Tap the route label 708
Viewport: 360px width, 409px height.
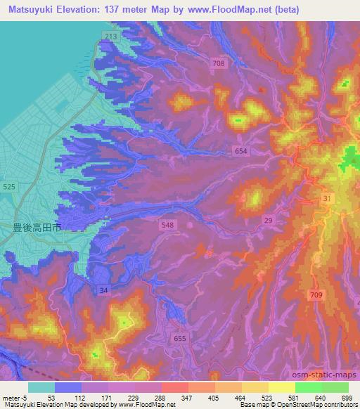point(219,64)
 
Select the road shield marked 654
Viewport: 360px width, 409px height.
point(241,151)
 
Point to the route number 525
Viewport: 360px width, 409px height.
point(9,187)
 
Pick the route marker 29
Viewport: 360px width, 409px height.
point(269,220)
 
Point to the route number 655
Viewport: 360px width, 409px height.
point(180,338)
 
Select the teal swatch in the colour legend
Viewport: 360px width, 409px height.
point(41,387)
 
